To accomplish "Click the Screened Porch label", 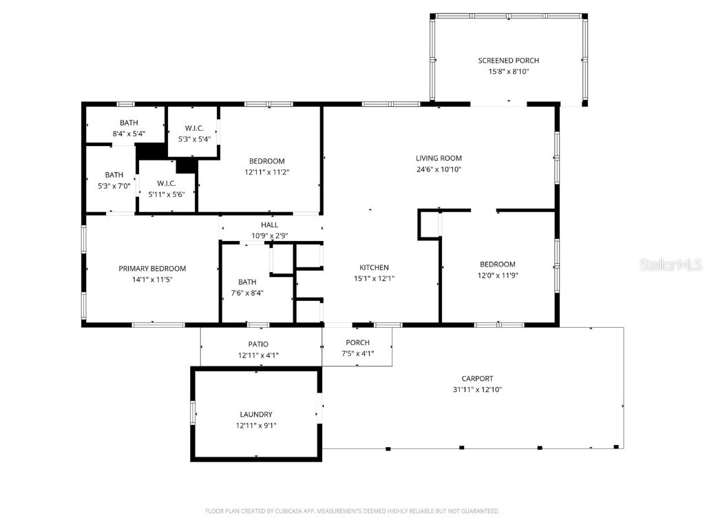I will [x=508, y=61].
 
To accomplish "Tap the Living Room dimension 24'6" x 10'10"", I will [x=439, y=169].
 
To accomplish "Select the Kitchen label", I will [x=374, y=267].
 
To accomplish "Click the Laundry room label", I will [x=256, y=414].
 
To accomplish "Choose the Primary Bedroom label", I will [x=152, y=269].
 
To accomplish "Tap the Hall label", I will [x=269, y=225].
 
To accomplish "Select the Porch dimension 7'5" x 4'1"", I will [x=357, y=354].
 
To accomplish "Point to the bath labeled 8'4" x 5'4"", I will [x=129, y=123].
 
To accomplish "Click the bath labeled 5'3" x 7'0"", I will [x=114, y=175].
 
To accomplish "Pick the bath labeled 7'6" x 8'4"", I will [x=247, y=282].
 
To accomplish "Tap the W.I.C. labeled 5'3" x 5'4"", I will [x=193, y=128].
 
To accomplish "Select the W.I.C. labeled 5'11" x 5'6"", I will [x=167, y=183].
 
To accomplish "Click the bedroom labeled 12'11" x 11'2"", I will [x=266, y=161].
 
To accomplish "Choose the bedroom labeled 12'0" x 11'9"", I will [x=497, y=264].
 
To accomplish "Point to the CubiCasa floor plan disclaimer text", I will [x=352, y=511].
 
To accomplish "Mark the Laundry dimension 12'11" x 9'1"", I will [x=256, y=425].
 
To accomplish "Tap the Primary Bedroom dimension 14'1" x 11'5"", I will [x=152, y=280].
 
